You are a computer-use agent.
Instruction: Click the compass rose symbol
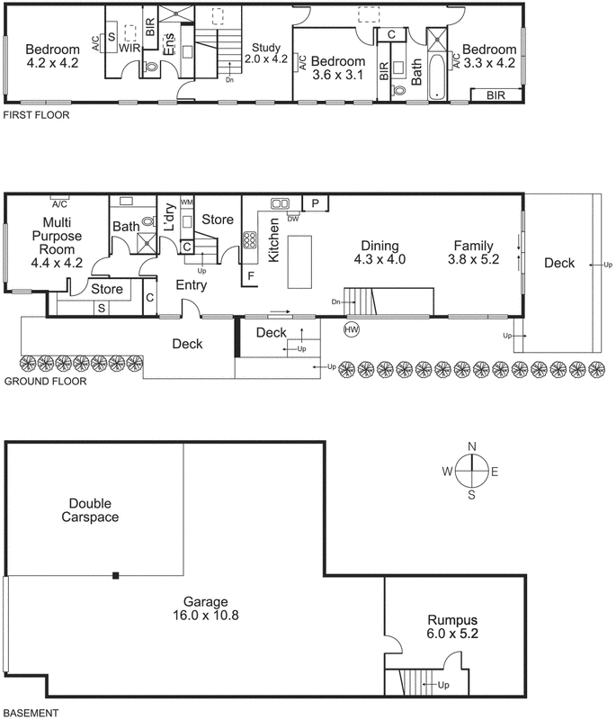471,471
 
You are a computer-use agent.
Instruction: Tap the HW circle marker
352,330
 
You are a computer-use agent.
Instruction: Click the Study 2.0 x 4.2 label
267,54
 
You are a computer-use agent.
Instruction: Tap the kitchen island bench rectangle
301,261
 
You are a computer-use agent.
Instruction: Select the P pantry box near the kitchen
316,204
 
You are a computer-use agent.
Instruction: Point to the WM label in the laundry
187,202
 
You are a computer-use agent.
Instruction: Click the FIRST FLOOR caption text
36,115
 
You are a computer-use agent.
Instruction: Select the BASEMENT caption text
31,713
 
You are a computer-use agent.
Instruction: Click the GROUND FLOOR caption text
45,381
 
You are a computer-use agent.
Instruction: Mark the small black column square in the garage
115,575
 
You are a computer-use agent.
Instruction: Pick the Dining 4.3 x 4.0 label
384,252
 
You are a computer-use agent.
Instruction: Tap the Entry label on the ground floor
192,285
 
